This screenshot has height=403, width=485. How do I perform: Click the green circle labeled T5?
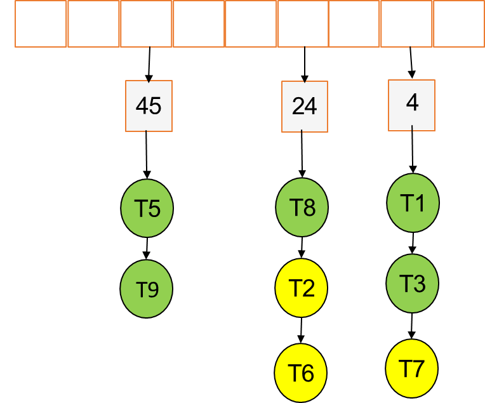coord(147,209)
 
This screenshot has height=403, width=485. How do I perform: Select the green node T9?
coord(147,290)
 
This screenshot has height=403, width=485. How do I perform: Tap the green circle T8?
coord(302,208)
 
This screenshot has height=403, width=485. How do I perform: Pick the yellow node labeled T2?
coord(302,288)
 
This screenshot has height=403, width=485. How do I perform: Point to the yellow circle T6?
coord(301,373)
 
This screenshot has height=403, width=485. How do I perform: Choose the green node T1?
coord(413,203)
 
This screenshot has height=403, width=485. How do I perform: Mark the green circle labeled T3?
coord(413,283)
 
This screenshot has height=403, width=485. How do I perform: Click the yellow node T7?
coord(412,368)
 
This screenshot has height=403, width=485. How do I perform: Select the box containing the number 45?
coord(149,106)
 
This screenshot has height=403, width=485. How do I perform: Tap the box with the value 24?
coord(305,107)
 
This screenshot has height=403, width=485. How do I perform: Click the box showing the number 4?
coord(412,105)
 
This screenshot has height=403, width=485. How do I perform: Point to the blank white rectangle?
coord(23,228)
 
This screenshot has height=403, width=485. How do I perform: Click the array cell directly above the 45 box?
coord(146,24)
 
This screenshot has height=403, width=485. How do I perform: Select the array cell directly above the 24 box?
coord(303,24)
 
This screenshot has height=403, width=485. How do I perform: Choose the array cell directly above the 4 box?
coord(407,24)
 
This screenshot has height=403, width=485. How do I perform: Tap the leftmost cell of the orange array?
coord(41,24)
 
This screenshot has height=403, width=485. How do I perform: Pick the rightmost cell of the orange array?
coord(458,24)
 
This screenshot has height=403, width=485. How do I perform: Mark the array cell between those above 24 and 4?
coord(354,24)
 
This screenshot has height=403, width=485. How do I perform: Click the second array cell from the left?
coord(93,24)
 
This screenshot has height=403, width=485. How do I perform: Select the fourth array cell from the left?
coord(199,24)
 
